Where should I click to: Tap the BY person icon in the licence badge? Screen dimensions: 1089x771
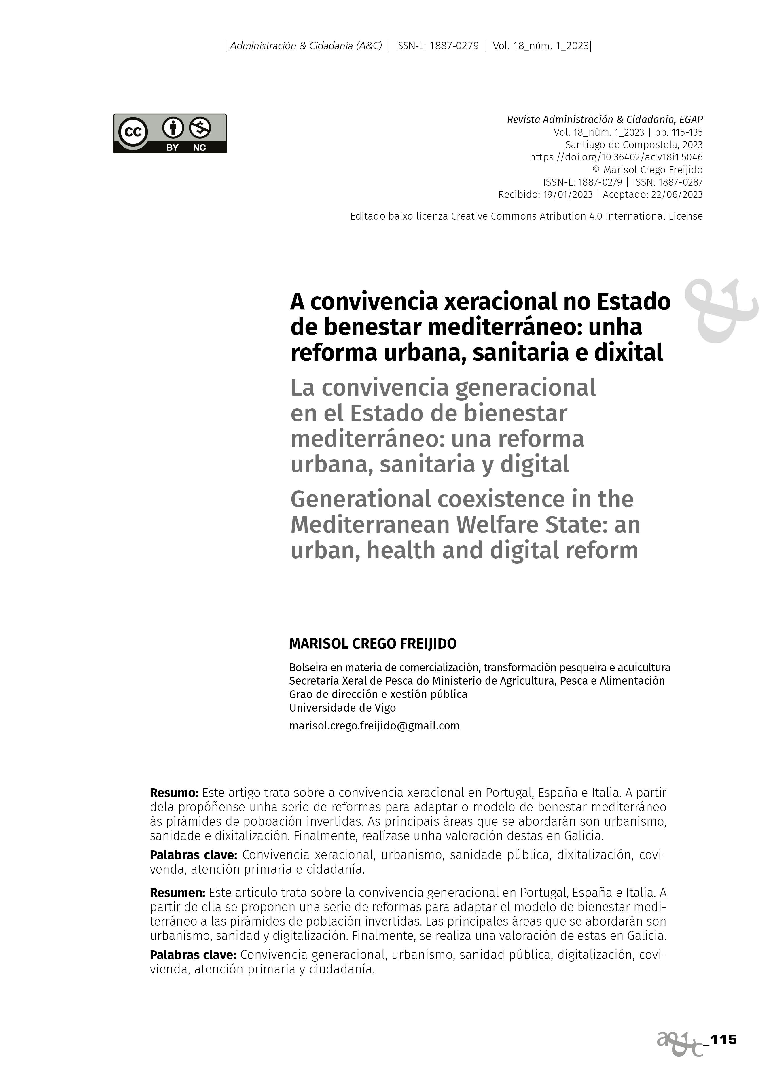pos(173,127)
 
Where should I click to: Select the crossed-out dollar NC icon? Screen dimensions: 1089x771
pos(200,127)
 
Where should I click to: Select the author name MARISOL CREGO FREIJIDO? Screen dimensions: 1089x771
pos(373,644)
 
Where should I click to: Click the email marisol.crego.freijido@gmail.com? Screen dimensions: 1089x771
pos(374,726)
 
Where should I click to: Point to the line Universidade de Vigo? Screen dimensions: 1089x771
pos(342,708)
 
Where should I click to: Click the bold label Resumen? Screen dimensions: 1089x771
pos(178,893)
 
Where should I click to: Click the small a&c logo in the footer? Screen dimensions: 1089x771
pos(680,1043)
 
